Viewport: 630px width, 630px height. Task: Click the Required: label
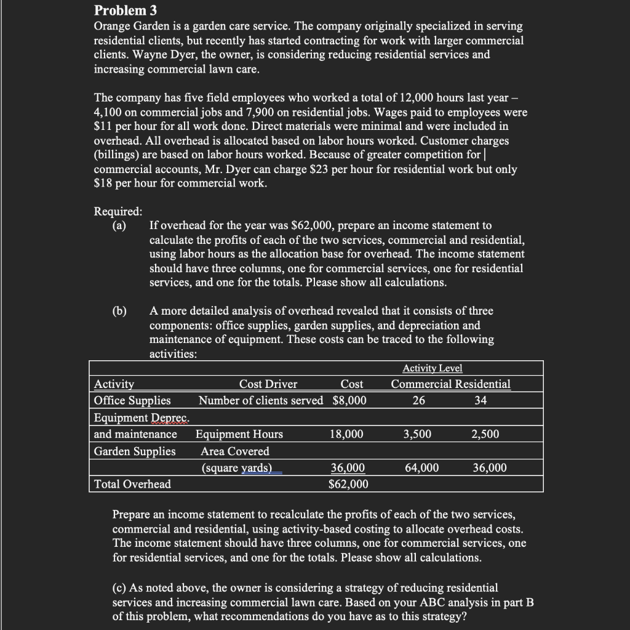(118, 211)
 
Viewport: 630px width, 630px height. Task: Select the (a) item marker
(119, 225)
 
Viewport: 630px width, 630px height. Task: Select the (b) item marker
(119, 310)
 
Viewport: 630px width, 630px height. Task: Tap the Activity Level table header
(432, 368)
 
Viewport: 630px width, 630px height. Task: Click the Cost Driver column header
(268, 384)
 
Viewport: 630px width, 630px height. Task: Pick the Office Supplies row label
(132, 400)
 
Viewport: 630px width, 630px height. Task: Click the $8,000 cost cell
(349, 400)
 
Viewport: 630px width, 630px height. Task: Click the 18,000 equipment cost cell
(346, 434)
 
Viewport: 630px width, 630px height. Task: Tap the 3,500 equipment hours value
(417, 434)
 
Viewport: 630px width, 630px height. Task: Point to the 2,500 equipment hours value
(485, 434)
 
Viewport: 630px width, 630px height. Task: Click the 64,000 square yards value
(422, 467)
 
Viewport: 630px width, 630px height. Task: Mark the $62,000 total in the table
(349, 484)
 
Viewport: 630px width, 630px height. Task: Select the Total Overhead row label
(132, 484)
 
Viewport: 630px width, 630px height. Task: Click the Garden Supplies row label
(135, 451)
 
